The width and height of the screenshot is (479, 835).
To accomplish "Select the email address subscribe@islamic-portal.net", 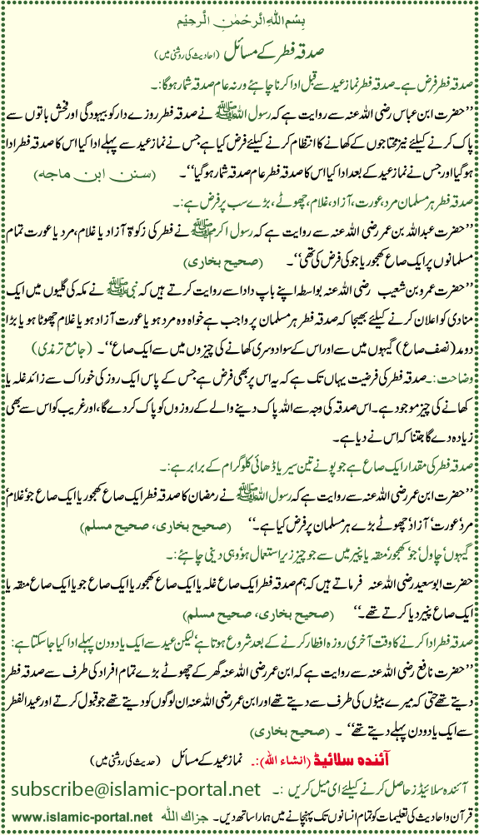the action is click(x=133, y=788).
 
